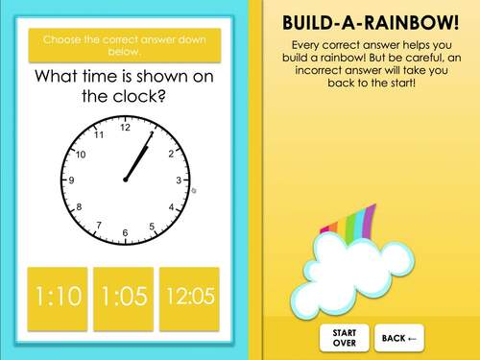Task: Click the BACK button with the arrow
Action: tap(398, 338)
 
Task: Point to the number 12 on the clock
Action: tap(125, 128)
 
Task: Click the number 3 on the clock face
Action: tap(179, 180)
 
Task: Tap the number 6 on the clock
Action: tap(125, 233)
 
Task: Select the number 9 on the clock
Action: tap(71, 180)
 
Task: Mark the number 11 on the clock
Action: tap(98, 134)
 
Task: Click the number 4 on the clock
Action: tap(171, 207)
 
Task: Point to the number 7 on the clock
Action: tap(98, 226)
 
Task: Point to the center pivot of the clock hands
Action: tap(125, 180)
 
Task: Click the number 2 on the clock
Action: tap(171, 154)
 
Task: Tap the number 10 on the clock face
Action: tap(81, 155)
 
